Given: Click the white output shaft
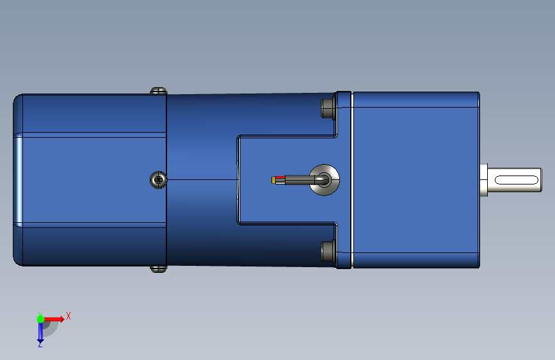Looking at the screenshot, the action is pyautogui.click(x=514, y=180).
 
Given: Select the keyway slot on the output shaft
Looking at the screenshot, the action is pyautogui.click(x=516, y=180).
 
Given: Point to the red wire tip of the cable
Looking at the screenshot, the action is pyautogui.click(x=280, y=177).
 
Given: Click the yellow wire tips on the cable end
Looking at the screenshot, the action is pyautogui.click(x=273, y=180).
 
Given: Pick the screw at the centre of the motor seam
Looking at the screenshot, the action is pyautogui.click(x=158, y=180).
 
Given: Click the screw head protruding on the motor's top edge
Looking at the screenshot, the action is pyautogui.click(x=158, y=91).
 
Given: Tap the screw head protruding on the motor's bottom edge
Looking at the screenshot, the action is pyautogui.click(x=158, y=269).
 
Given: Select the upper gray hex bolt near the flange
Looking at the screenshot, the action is pyautogui.click(x=328, y=108).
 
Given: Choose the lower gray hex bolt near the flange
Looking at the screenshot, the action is pyautogui.click(x=328, y=251).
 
